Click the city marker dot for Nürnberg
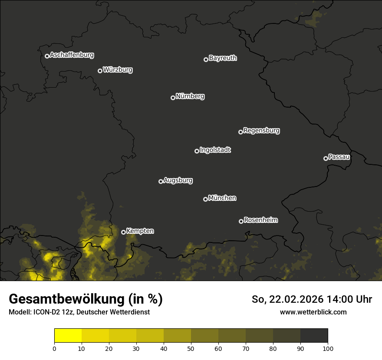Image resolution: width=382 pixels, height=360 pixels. (x=173, y=98)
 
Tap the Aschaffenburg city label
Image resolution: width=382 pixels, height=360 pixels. (x=72, y=55)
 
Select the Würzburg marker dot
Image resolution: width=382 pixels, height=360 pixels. (x=100, y=71)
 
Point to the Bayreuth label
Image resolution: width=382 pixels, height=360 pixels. (x=223, y=58)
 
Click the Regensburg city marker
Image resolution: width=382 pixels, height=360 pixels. (x=240, y=132)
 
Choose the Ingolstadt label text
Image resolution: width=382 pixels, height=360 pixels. (x=215, y=150)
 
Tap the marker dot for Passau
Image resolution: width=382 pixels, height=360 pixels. (x=326, y=158)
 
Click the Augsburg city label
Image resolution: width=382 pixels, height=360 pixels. (x=178, y=180)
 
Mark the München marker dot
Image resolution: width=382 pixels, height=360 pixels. (x=205, y=200)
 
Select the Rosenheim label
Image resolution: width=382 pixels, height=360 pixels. (x=260, y=220)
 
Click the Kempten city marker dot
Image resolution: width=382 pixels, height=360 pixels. (x=123, y=232)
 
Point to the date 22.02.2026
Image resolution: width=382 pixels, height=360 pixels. (x=295, y=299)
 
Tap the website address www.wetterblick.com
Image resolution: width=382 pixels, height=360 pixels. (x=313, y=312)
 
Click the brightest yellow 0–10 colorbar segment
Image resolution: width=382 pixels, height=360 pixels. (x=68, y=336)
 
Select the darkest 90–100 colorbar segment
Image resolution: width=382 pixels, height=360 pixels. (x=314, y=336)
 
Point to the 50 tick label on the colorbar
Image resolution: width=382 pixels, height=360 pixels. (x=191, y=348)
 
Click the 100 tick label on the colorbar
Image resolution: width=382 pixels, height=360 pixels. (x=328, y=348)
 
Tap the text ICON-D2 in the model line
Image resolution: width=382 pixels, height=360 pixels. (x=43, y=312)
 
